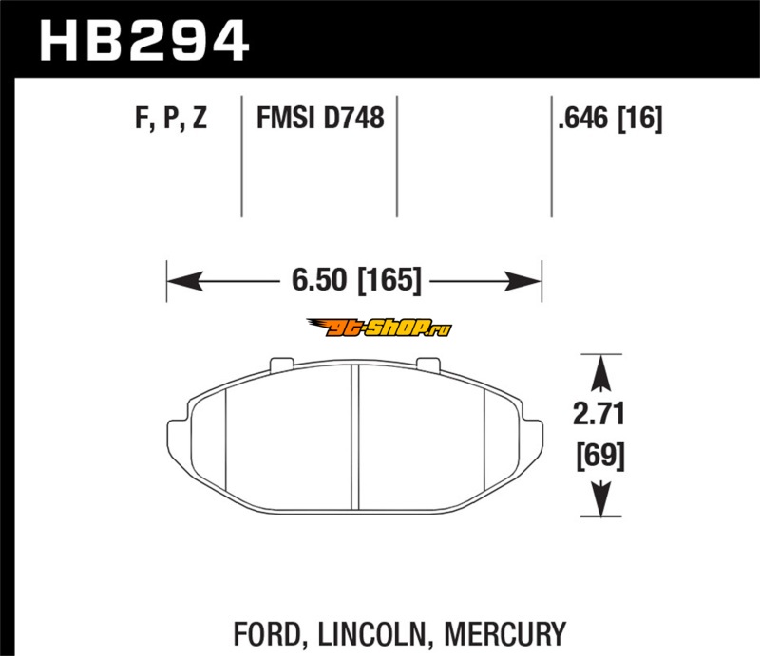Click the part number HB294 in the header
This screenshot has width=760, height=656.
click(x=144, y=40)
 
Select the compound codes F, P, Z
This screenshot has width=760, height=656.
click(x=171, y=118)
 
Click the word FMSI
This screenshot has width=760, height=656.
click(x=286, y=118)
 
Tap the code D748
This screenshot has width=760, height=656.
click(x=353, y=118)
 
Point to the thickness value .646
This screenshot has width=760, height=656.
click(x=583, y=118)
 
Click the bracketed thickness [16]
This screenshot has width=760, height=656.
click(x=639, y=119)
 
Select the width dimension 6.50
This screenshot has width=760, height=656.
click(x=319, y=279)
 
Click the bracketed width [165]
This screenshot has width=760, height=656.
click(x=389, y=280)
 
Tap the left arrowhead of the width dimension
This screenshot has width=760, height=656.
click(x=184, y=281)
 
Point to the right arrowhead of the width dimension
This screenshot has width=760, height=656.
click(x=522, y=281)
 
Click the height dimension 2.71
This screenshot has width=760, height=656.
click(x=598, y=415)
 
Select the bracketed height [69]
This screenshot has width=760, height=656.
click(x=600, y=456)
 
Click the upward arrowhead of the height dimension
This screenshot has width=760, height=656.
click(x=600, y=373)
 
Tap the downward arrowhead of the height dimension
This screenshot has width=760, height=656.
click(x=600, y=499)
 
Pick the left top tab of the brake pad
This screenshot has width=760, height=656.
click(x=281, y=364)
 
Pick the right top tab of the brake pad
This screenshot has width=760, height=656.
click(x=429, y=364)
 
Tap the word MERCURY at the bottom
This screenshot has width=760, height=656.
click(x=504, y=634)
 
